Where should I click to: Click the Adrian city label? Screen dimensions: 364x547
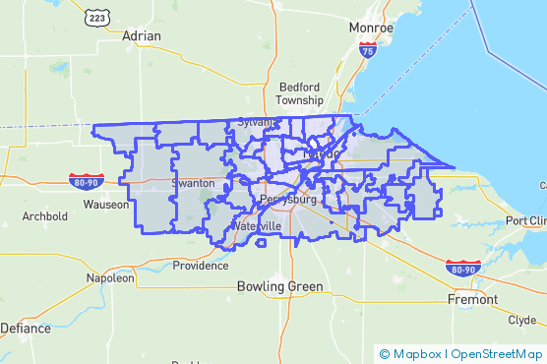point(141,35)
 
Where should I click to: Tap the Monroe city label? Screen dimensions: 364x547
point(371,29)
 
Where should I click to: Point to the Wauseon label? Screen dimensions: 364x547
point(105,205)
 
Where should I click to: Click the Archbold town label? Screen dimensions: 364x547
point(44,215)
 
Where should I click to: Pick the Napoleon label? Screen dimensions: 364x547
point(110,278)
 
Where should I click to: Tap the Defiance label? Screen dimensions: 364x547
point(26,328)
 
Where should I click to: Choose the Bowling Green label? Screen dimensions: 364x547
point(279,287)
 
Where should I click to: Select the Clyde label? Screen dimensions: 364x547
point(521,321)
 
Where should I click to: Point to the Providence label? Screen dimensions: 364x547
point(200,266)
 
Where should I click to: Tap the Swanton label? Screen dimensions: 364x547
point(192,184)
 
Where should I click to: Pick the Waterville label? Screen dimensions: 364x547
point(257,226)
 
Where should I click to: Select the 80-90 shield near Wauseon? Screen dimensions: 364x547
point(84,180)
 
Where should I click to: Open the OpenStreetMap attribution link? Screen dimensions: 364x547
point(496,353)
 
